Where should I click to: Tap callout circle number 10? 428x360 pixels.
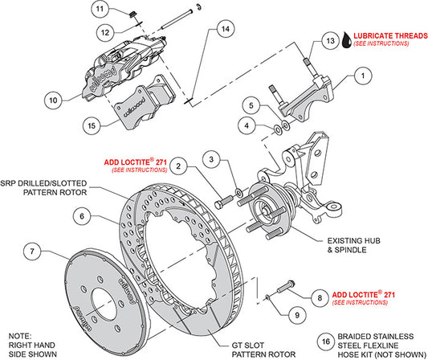pyautogui.click(x=53, y=100)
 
